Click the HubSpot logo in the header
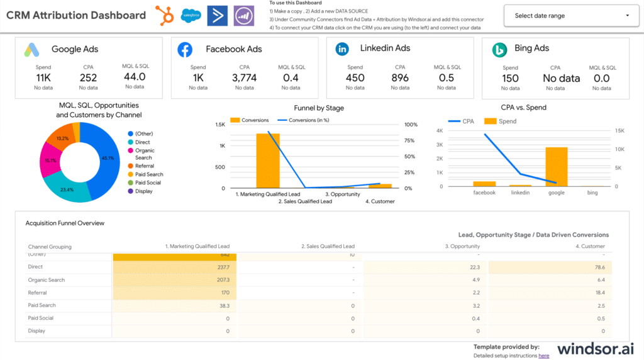[x=165, y=15]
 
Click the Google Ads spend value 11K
[x=43, y=77]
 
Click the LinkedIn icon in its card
[x=342, y=48]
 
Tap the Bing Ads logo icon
[x=499, y=49]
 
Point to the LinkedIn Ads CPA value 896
[x=400, y=77]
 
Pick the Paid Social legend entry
[x=148, y=183]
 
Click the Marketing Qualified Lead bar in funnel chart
[x=268, y=160]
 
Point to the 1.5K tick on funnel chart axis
[x=220, y=125]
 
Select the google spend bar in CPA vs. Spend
[x=557, y=167]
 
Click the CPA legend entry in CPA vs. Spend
[x=463, y=121]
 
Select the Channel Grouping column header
[x=50, y=247]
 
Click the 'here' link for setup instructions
[x=543, y=356]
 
